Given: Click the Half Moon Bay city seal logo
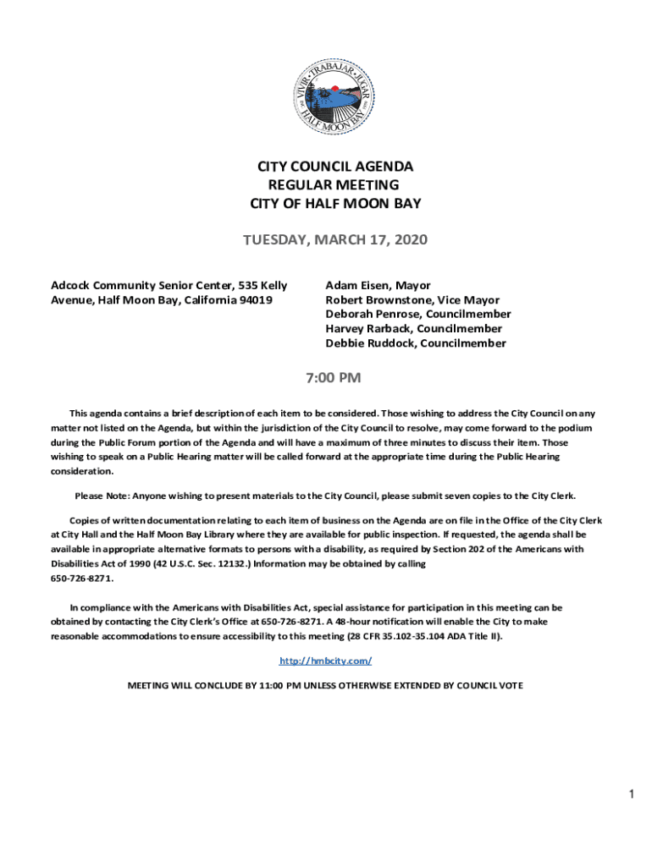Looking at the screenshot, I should tap(334, 92).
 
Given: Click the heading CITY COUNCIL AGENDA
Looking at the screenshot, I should tap(335, 167).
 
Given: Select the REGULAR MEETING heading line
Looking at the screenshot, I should tap(333, 185).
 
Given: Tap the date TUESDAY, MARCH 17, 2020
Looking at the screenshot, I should tap(335, 241).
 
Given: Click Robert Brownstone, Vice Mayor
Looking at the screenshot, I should tap(412, 300).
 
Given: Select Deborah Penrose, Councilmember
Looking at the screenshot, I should tap(418, 315).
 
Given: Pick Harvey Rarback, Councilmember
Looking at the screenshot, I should tap(413, 329).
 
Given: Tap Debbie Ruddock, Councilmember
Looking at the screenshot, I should tap(416, 343).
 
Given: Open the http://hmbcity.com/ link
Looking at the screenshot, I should tap(326, 660).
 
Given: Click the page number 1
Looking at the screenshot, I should tap(631, 794).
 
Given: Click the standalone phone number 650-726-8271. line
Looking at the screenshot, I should tap(82, 578).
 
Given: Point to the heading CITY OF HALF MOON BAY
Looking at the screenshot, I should tap(335, 204).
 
